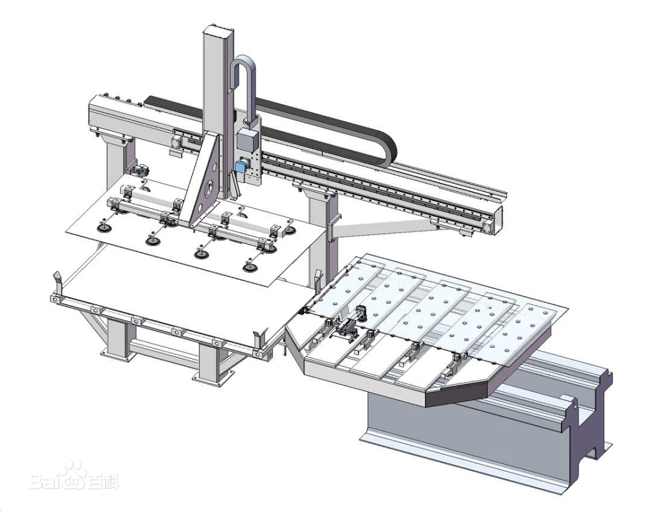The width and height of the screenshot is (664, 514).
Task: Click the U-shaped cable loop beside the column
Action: click(244, 85)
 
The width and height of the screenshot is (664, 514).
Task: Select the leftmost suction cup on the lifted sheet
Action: click(103, 228)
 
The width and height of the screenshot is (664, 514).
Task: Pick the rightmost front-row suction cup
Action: click(250, 267)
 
